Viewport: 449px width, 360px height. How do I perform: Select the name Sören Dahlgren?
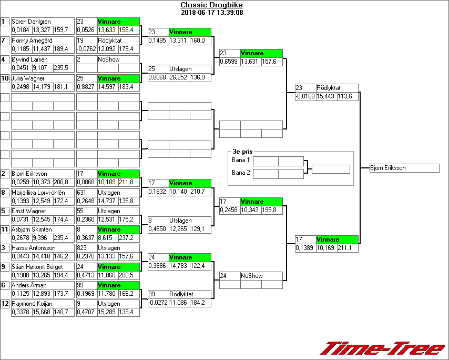click(31, 22)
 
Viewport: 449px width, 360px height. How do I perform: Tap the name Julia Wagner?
click(28, 78)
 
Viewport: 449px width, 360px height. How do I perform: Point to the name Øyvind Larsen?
click(29, 59)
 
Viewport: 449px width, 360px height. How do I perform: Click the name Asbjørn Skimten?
click(32, 229)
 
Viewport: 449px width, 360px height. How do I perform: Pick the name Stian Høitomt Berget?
click(37, 267)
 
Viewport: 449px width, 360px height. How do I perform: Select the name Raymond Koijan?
click(32, 304)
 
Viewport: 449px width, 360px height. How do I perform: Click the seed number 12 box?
click(5, 304)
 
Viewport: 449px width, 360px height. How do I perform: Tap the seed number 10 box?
click(5, 78)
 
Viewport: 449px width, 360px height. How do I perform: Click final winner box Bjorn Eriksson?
click(404, 168)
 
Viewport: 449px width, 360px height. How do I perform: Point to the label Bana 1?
click(240, 160)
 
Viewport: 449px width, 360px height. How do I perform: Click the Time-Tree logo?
click(383, 348)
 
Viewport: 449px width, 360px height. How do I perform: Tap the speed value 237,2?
click(128, 238)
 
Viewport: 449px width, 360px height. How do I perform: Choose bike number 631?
click(86, 193)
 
